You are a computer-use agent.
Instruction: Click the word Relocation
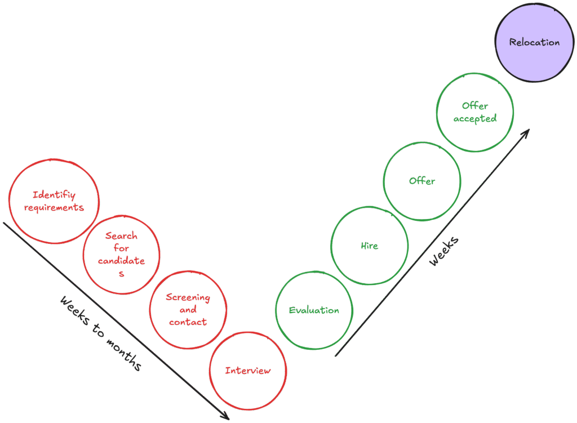[x=534, y=42]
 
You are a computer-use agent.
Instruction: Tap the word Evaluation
[x=314, y=310]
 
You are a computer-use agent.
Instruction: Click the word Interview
[x=248, y=371]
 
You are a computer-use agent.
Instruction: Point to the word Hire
[x=369, y=246]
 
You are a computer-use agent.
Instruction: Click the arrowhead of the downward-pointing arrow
[x=225, y=416]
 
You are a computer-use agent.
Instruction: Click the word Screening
[x=188, y=297]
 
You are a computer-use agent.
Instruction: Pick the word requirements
[x=54, y=207]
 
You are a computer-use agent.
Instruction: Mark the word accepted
[x=475, y=119]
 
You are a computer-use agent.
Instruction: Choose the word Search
[x=121, y=235]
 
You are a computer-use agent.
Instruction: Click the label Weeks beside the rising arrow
[x=444, y=251]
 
